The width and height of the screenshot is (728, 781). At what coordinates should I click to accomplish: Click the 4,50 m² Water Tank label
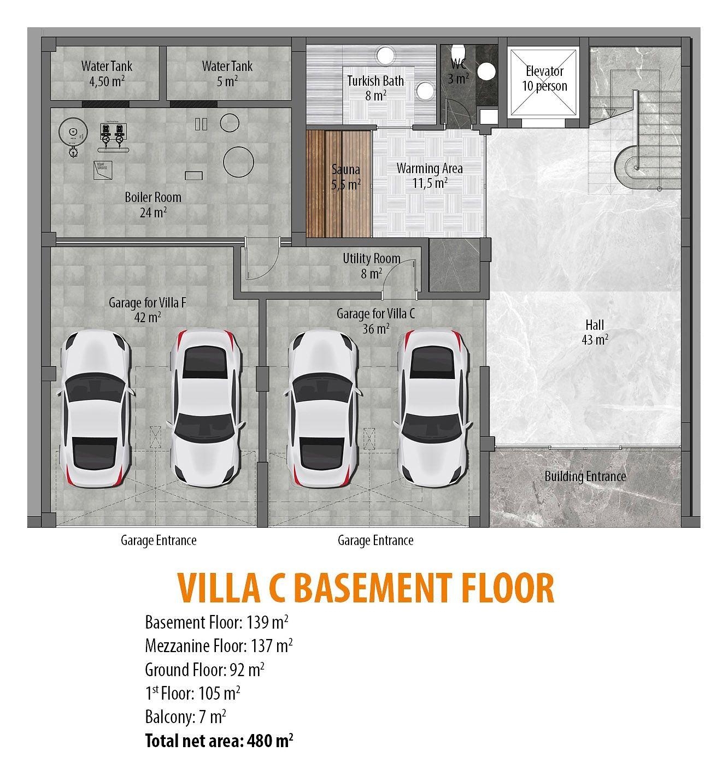[x=107, y=74]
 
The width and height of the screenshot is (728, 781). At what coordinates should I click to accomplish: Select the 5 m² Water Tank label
[x=227, y=74]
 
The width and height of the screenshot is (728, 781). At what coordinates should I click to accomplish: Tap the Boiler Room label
[x=153, y=204]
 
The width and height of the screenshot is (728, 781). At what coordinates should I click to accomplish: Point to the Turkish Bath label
[x=375, y=88]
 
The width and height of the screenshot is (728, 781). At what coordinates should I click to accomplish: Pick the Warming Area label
[x=430, y=175]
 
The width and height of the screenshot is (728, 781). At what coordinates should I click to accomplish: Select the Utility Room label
[x=372, y=265]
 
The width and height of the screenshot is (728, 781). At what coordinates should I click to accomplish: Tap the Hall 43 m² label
[x=595, y=332]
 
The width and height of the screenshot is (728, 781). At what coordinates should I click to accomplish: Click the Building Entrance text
[x=585, y=476]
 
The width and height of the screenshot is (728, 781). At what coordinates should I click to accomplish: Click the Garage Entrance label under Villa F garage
[x=158, y=541]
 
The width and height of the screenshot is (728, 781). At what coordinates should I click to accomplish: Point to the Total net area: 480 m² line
[x=219, y=741]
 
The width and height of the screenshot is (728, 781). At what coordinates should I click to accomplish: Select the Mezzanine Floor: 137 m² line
[x=219, y=646]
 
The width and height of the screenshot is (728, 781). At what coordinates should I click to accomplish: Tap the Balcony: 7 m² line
[x=186, y=717]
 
